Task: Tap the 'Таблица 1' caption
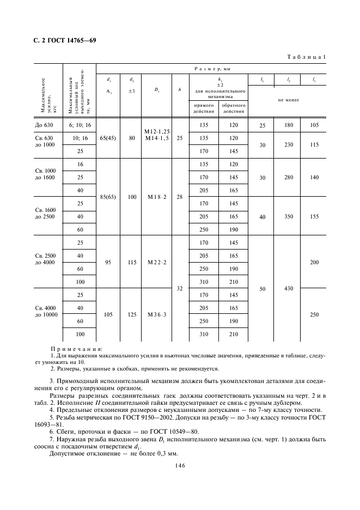pyautogui.click(x=306, y=57)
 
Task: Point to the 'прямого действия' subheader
pyautogui.click(x=203, y=108)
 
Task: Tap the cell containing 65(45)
pyautogui.click(x=108, y=138)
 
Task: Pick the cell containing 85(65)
pyautogui.click(x=108, y=197)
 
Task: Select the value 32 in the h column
pyautogui.click(x=180, y=289)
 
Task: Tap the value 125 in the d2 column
pyautogui.click(x=131, y=315)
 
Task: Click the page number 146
pyautogui.click(x=180, y=466)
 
